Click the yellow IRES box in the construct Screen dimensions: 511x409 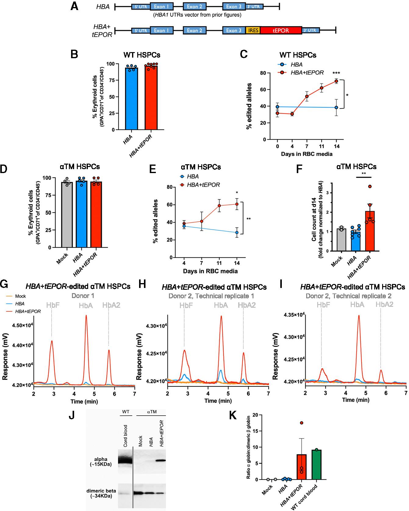click(253, 30)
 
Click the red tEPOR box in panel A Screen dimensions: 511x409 click(281, 30)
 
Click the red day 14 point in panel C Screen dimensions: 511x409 click(336, 81)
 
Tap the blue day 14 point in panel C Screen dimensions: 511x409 click(336, 108)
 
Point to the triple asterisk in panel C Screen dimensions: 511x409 click(336, 73)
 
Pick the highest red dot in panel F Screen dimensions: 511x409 click(370, 186)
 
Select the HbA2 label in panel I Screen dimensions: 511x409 click(384, 304)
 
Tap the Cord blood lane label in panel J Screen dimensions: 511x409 click(125, 436)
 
